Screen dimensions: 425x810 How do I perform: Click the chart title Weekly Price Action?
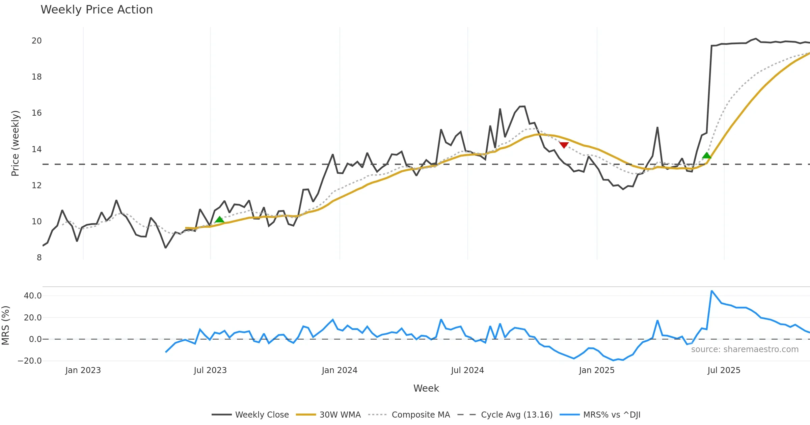pyautogui.click(x=97, y=10)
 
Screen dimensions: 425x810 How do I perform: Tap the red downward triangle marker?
pyautogui.click(x=564, y=145)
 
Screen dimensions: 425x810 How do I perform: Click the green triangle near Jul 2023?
pyautogui.click(x=219, y=220)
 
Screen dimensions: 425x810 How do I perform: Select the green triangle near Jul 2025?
pyautogui.click(x=706, y=155)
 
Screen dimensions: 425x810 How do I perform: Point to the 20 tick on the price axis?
pyautogui.click(x=36, y=41)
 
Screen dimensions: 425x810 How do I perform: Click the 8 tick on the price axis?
pyautogui.click(x=39, y=258)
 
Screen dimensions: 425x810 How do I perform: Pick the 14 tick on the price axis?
pyautogui.click(x=36, y=149)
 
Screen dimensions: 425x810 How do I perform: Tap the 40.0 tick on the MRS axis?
pyautogui.click(x=33, y=296)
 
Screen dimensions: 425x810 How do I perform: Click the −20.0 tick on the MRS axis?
pyautogui.click(x=30, y=361)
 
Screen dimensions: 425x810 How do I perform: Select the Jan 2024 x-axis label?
pyautogui.click(x=339, y=370)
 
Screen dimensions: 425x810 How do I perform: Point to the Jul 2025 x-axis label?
pyautogui.click(x=724, y=370)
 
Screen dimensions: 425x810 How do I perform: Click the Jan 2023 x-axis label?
pyautogui.click(x=83, y=370)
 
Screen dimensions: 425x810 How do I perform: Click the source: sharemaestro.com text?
pyautogui.click(x=745, y=349)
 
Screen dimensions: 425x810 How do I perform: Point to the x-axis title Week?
pyautogui.click(x=426, y=388)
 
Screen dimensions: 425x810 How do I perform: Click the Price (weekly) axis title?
pyautogui.click(x=15, y=143)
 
